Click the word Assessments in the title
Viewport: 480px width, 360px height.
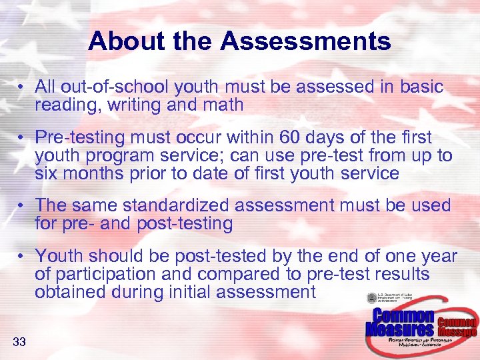pyautogui.click(x=306, y=41)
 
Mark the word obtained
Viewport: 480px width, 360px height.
pyautogui.click(x=70, y=291)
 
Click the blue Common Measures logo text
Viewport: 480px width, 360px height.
pyautogui.click(x=400, y=323)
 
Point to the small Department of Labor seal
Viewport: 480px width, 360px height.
pyautogui.click(x=371, y=298)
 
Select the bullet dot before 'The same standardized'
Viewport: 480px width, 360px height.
pyautogui.click(x=22, y=206)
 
